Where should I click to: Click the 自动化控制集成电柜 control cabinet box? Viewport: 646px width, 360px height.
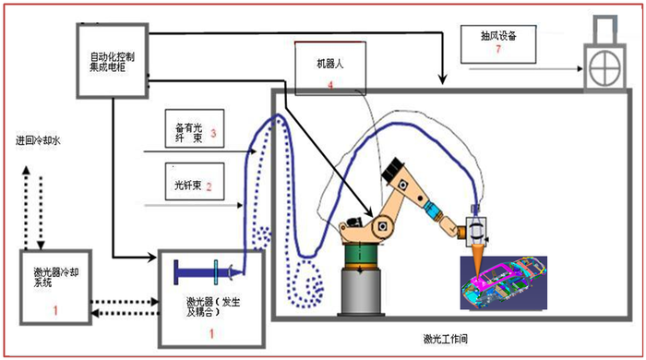click(112, 59)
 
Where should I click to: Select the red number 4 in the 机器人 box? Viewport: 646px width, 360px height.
click(330, 85)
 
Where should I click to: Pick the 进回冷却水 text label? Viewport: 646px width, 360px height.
click(38, 141)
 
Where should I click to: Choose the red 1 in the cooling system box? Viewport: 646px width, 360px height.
click(55, 310)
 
